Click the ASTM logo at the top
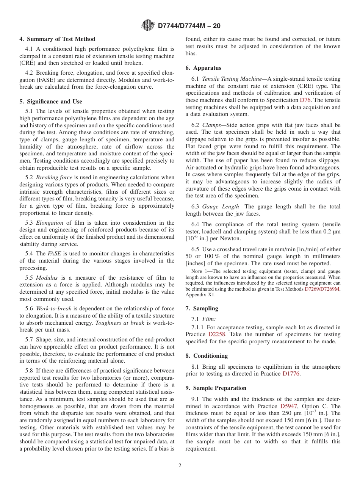147,25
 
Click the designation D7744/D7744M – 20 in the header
189,26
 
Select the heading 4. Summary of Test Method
58,39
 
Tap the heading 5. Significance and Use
51,102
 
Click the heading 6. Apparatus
203,68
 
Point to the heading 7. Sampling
202,308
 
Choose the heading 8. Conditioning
207,356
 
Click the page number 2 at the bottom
180,466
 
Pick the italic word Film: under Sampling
209,319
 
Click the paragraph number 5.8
30,371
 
